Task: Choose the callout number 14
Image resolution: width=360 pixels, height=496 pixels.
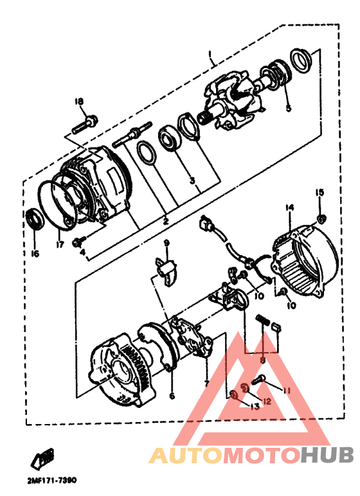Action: tap(289, 208)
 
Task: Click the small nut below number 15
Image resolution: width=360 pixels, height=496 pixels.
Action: tap(321, 217)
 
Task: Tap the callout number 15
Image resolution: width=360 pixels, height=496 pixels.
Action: tap(319, 192)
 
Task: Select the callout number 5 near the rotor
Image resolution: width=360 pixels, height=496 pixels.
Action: tap(288, 109)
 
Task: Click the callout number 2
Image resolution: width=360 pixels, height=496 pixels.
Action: tap(165, 221)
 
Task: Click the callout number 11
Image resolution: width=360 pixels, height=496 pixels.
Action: tap(287, 390)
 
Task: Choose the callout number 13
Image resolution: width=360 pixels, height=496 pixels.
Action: tap(255, 406)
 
